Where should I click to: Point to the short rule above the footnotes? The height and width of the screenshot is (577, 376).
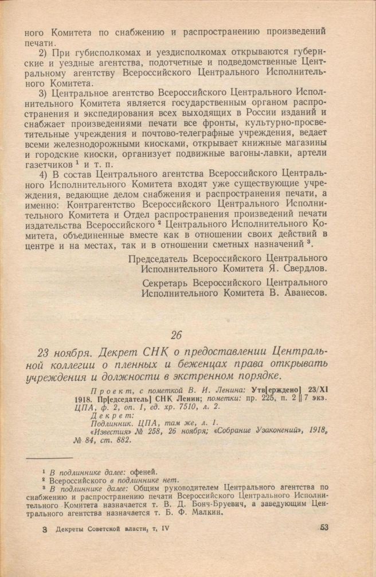click(x=50, y=458)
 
